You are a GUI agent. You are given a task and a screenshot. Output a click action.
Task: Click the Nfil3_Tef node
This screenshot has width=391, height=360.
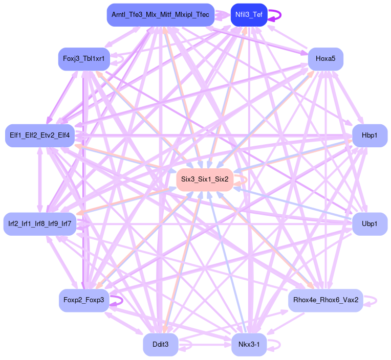249,15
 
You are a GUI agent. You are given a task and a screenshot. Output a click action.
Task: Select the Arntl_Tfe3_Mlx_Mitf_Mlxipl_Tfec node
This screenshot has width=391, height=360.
160,15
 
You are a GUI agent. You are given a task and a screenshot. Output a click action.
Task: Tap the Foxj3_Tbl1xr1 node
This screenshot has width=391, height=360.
83,59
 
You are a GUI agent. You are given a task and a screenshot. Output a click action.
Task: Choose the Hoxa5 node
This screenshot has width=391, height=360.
325,59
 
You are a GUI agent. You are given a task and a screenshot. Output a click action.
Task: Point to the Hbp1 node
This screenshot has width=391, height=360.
370,136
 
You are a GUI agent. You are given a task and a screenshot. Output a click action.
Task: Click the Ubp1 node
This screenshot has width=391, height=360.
370,224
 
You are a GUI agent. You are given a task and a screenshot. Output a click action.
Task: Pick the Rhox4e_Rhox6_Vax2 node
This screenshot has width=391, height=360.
325,300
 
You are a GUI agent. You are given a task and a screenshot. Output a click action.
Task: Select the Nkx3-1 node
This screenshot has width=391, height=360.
249,345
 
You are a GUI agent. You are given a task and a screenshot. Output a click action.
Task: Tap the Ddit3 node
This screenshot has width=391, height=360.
160,345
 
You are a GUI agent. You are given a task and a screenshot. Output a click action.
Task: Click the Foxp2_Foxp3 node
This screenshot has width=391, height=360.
83,300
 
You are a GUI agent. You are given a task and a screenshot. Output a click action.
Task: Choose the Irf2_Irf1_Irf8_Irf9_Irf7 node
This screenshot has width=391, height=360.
40,224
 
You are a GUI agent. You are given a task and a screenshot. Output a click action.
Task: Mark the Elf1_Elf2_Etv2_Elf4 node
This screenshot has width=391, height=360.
40,136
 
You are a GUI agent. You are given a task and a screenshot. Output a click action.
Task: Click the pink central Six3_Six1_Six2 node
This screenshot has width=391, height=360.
205,180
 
